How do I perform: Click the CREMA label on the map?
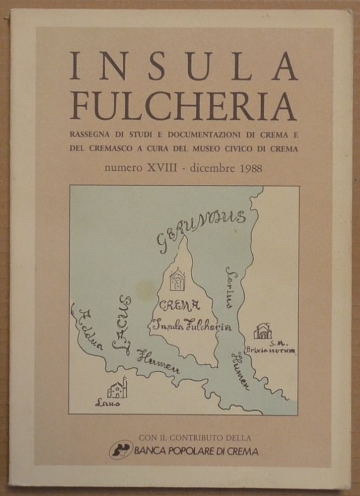(x=180, y=305)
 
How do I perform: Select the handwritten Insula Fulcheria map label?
(x=191, y=325)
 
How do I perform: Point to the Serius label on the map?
(x=228, y=286)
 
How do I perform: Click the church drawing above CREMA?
(x=177, y=279)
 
